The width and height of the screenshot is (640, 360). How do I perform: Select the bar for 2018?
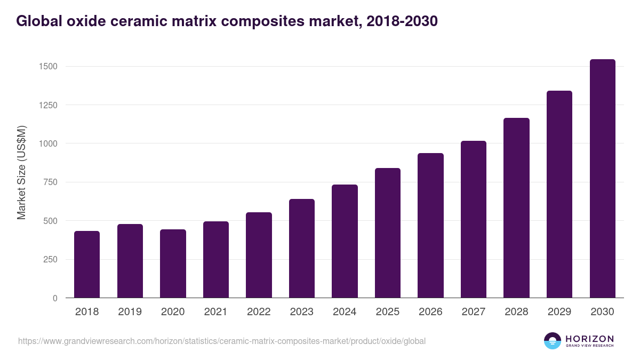87,265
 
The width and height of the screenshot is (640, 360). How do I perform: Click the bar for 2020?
173,263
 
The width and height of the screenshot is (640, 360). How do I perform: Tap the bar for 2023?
302,249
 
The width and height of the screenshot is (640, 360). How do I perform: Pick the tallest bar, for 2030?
602,179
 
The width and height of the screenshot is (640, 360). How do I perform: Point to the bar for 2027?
474,219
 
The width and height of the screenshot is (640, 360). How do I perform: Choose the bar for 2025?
388,233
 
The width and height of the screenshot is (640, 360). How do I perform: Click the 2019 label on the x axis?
130,312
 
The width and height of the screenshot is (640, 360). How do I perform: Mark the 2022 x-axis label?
259,312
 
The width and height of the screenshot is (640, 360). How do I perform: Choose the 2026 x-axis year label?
430,312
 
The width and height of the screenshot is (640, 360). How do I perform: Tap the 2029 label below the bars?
559,312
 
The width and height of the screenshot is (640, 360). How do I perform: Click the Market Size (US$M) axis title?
21,172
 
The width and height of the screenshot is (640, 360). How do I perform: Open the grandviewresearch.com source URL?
222,341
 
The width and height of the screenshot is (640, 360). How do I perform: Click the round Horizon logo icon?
553,341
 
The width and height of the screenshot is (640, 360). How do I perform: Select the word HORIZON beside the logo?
589,338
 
